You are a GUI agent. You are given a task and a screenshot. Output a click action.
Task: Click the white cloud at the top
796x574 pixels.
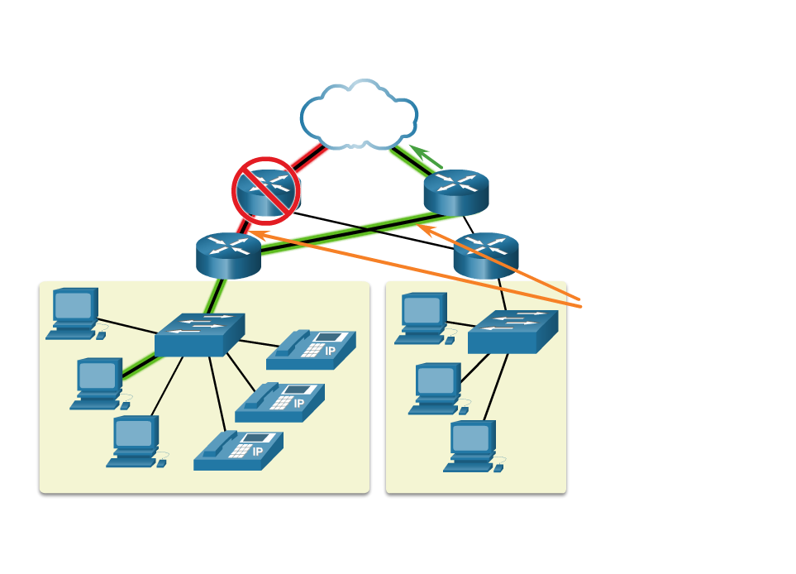coord(359,116)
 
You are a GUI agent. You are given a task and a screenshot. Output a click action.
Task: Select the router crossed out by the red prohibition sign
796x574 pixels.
coord(266,191)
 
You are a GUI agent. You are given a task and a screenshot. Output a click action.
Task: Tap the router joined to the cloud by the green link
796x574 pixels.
coord(456,193)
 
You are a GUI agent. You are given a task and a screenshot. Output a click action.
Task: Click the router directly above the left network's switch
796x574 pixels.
coord(228,255)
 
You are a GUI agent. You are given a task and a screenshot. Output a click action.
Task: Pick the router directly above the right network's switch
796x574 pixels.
coord(486,255)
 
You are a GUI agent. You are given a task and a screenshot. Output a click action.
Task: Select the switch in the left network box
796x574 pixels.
coord(199,334)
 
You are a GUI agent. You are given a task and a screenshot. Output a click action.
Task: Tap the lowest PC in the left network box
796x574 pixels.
coord(136,441)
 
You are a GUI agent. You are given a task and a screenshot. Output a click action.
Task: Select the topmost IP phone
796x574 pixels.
coord(311,350)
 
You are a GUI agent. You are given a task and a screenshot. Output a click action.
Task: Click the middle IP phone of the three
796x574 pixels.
coord(279,402)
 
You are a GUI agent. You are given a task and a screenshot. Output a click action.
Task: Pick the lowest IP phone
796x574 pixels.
coord(238,451)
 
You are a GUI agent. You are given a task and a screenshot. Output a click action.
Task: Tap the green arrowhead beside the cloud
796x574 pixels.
coord(417,151)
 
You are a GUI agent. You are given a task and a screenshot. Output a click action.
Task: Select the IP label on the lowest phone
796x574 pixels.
coord(257,452)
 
